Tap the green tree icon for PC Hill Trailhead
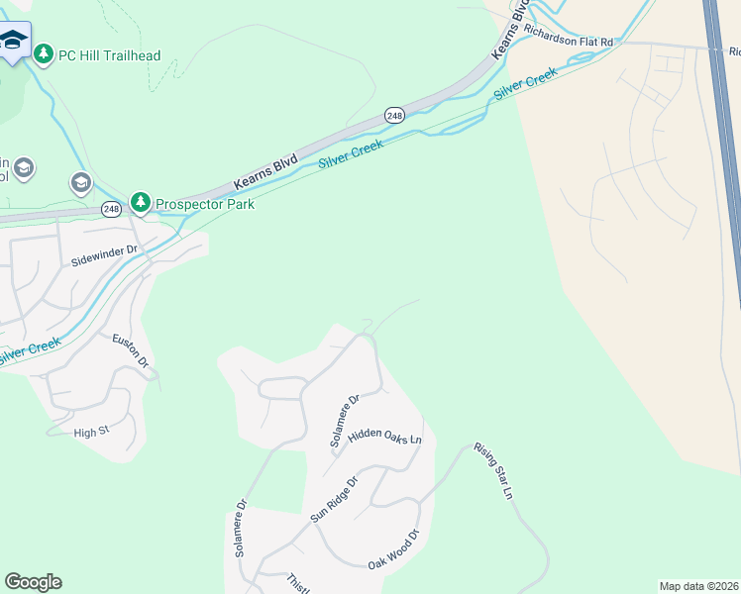click(44, 54)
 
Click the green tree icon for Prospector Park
click(142, 203)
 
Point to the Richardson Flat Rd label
click(569, 43)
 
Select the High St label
click(91, 432)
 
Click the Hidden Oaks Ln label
click(385, 437)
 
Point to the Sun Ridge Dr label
click(333, 499)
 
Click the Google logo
click(33, 582)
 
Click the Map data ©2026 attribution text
click(699, 586)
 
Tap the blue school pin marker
click(14, 41)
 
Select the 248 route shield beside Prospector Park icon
click(110, 209)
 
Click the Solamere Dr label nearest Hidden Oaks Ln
click(344, 421)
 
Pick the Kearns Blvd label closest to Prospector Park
click(265, 172)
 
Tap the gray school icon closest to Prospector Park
click(80, 182)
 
